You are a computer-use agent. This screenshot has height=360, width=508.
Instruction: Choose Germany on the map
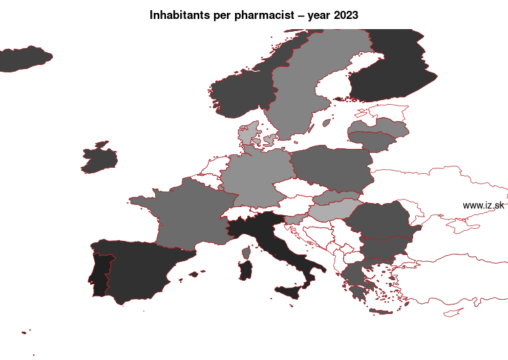254,179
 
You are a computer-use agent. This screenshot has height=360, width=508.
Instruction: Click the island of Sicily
295,293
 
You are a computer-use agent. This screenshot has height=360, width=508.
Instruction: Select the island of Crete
382,311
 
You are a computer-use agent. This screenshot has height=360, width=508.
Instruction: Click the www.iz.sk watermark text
483,205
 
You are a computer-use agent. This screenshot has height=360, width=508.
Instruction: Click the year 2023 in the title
346,14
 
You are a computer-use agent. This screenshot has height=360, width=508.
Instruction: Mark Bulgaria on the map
383,248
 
